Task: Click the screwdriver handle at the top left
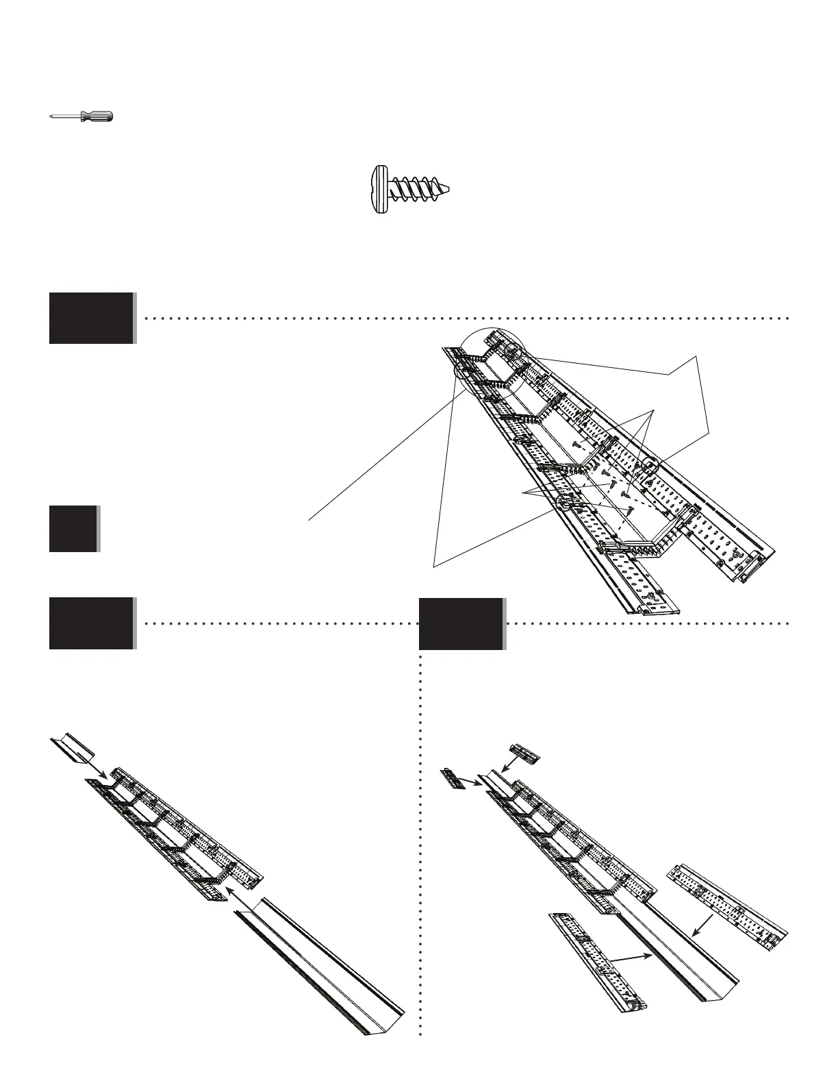[97, 116]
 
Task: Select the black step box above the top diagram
[91, 318]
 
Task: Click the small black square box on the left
[73, 528]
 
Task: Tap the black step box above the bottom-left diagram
[91, 623]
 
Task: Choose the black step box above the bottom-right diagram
[461, 623]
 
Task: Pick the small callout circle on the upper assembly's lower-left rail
[565, 506]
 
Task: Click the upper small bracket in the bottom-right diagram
[525, 753]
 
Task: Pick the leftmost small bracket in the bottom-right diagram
[454, 779]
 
